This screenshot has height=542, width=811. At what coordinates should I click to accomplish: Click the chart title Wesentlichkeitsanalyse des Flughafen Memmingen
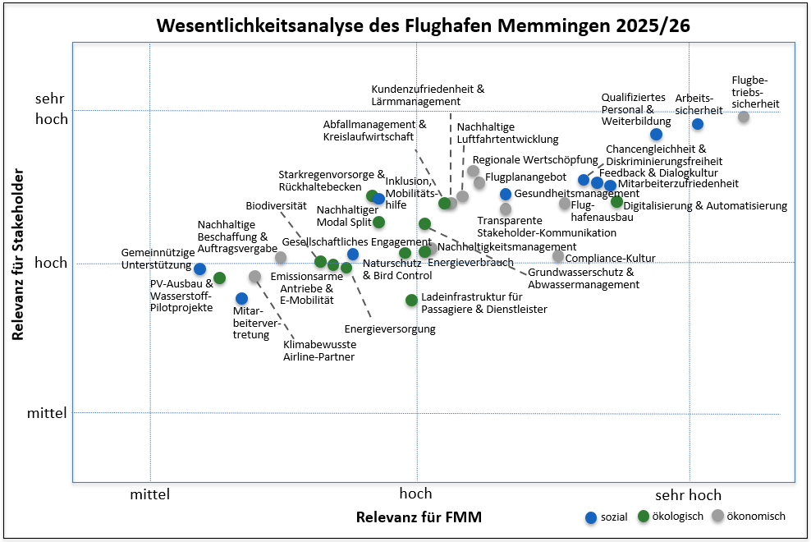423,25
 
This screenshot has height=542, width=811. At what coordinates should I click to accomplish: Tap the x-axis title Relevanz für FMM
419,517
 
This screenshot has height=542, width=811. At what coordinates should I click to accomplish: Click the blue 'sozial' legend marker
590,517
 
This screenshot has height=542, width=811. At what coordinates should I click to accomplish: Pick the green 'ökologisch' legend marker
644,517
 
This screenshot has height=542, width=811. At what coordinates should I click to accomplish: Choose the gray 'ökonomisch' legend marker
717,516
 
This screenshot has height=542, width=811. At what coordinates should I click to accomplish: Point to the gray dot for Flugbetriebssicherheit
744,117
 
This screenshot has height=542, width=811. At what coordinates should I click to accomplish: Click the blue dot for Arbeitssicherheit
698,124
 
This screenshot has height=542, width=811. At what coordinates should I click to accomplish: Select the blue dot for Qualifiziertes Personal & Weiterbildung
656,134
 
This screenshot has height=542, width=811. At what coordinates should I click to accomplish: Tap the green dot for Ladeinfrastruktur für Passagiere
411,301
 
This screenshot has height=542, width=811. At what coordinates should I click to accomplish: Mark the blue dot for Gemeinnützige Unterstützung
199,269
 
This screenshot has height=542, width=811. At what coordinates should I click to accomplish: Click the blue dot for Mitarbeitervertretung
241,298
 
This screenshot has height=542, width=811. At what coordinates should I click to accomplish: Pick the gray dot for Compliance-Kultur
558,256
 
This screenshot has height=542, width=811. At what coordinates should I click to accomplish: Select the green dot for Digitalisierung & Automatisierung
617,202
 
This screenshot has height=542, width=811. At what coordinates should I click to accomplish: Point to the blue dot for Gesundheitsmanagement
506,194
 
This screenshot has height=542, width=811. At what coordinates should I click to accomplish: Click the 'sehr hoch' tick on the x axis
688,494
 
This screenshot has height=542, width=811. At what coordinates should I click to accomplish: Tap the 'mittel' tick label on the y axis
47,412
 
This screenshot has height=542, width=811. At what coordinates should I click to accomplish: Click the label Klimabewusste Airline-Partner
319,351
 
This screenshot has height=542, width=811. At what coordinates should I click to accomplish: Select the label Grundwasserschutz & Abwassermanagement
583,278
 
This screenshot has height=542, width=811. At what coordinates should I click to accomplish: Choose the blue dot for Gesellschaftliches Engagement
353,255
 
